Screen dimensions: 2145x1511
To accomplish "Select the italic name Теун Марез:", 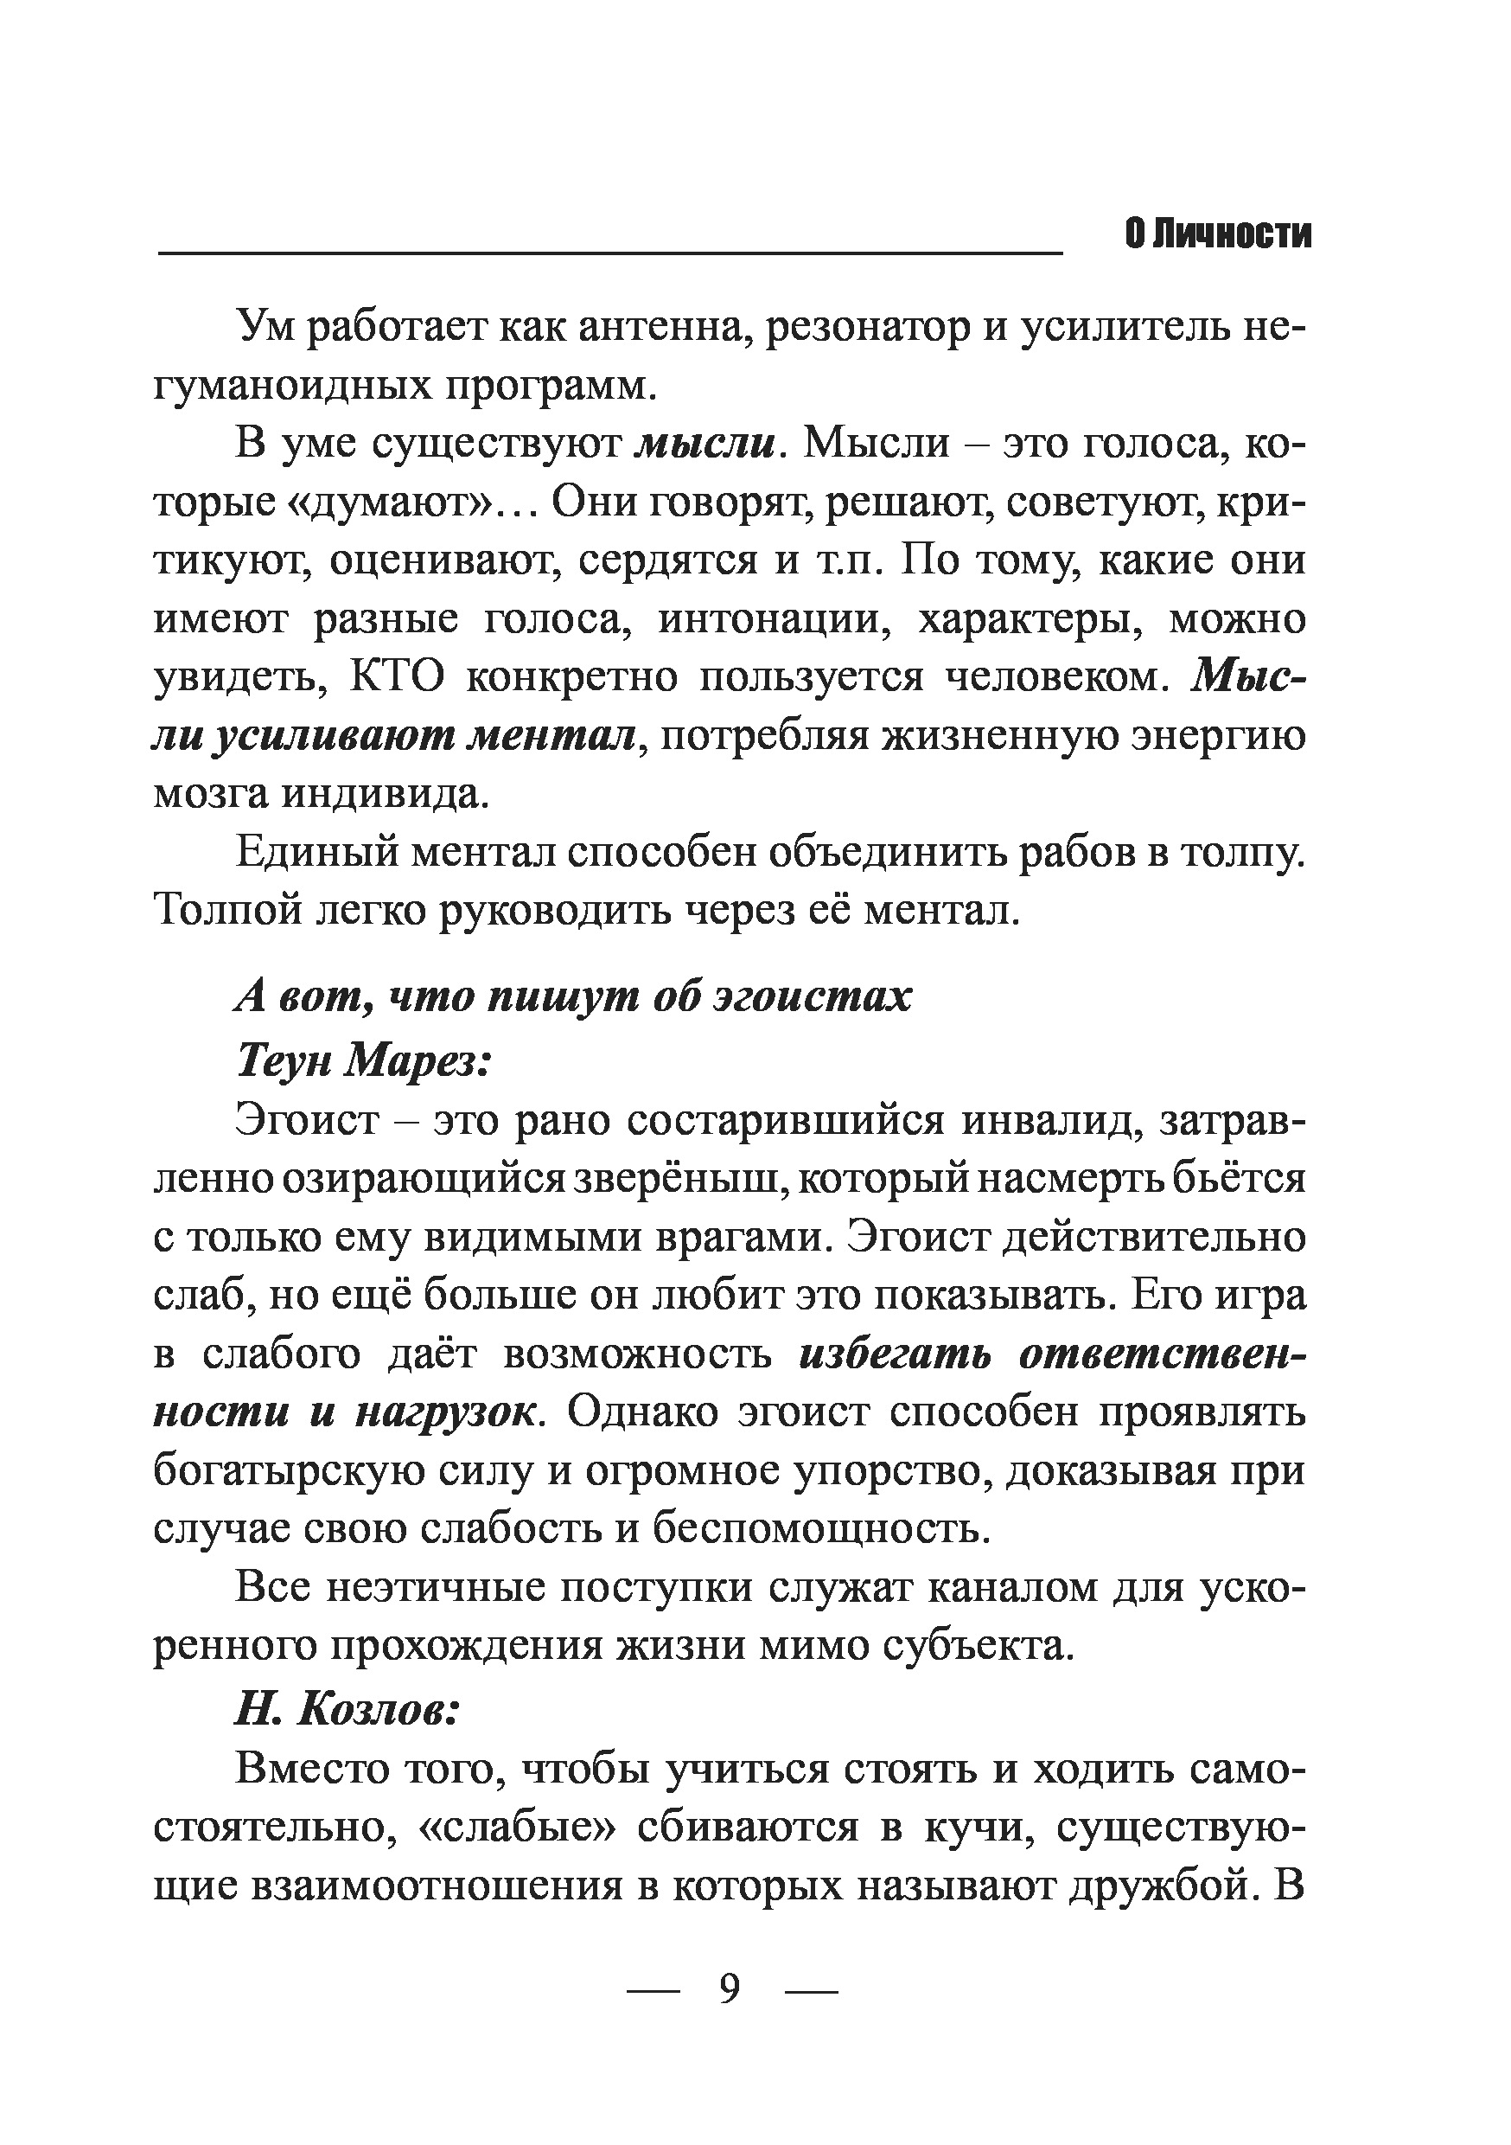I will click(x=364, y=1060).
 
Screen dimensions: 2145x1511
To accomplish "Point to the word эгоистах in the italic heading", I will click(x=813, y=999).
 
